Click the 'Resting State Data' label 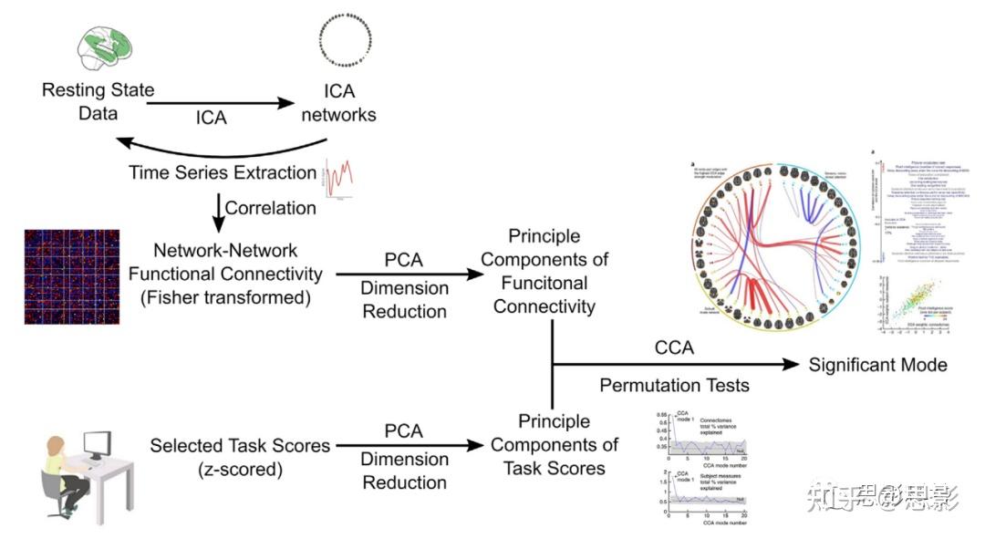(98, 102)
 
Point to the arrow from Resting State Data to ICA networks (218, 103)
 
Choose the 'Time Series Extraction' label (222, 172)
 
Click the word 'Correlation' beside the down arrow (270, 207)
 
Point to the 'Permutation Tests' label (674, 385)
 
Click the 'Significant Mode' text (877, 365)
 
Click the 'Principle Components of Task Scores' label (555, 445)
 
